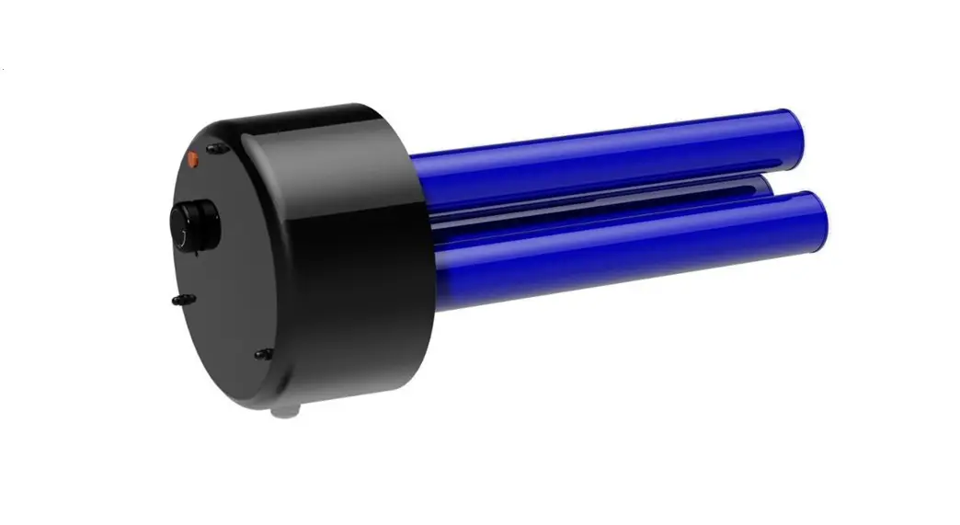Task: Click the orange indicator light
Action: click(x=193, y=159)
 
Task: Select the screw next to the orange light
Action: click(x=217, y=148)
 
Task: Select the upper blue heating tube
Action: click(x=598, y=156)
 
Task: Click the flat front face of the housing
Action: click(x=230, y=276)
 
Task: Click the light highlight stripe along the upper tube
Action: click(x=598, y=138)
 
